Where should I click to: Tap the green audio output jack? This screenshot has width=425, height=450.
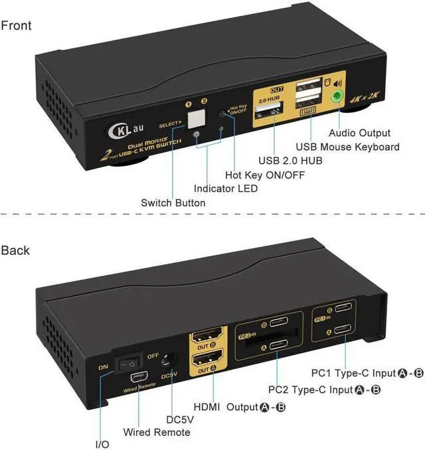338,97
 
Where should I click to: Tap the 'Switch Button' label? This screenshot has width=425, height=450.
173,203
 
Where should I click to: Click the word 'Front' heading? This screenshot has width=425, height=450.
16,26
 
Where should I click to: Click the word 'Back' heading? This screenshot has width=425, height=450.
15,250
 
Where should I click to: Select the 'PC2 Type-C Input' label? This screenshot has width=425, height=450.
324,390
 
